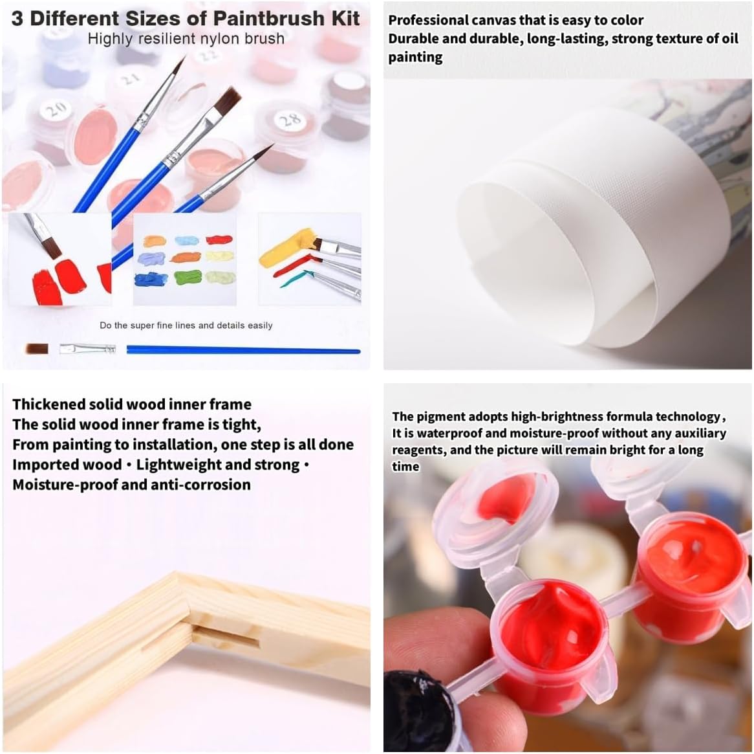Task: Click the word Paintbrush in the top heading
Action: click(269, 18)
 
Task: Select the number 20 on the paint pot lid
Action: click(56, 110)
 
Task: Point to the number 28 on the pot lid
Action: click(290, 118)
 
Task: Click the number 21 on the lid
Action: click(131, 78)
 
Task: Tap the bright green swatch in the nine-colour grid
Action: click(187, 278)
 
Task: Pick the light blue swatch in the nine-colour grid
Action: click(187, 241)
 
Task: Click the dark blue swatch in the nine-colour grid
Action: click(151, 279)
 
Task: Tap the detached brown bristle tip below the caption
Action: click(37, 349)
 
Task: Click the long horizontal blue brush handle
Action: click(243, 350)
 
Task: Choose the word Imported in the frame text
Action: click(41, 465)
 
